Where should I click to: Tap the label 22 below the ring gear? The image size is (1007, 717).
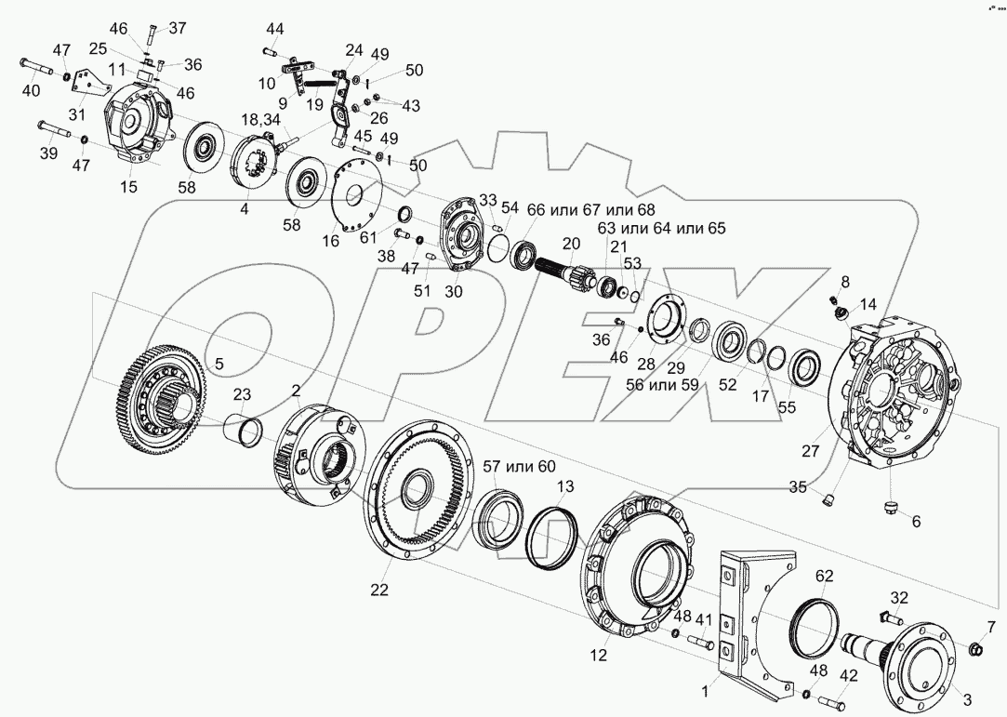click(378, 590)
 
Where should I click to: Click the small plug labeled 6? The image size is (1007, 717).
click(890, 507)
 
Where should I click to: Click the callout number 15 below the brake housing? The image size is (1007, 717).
click(127, 187)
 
